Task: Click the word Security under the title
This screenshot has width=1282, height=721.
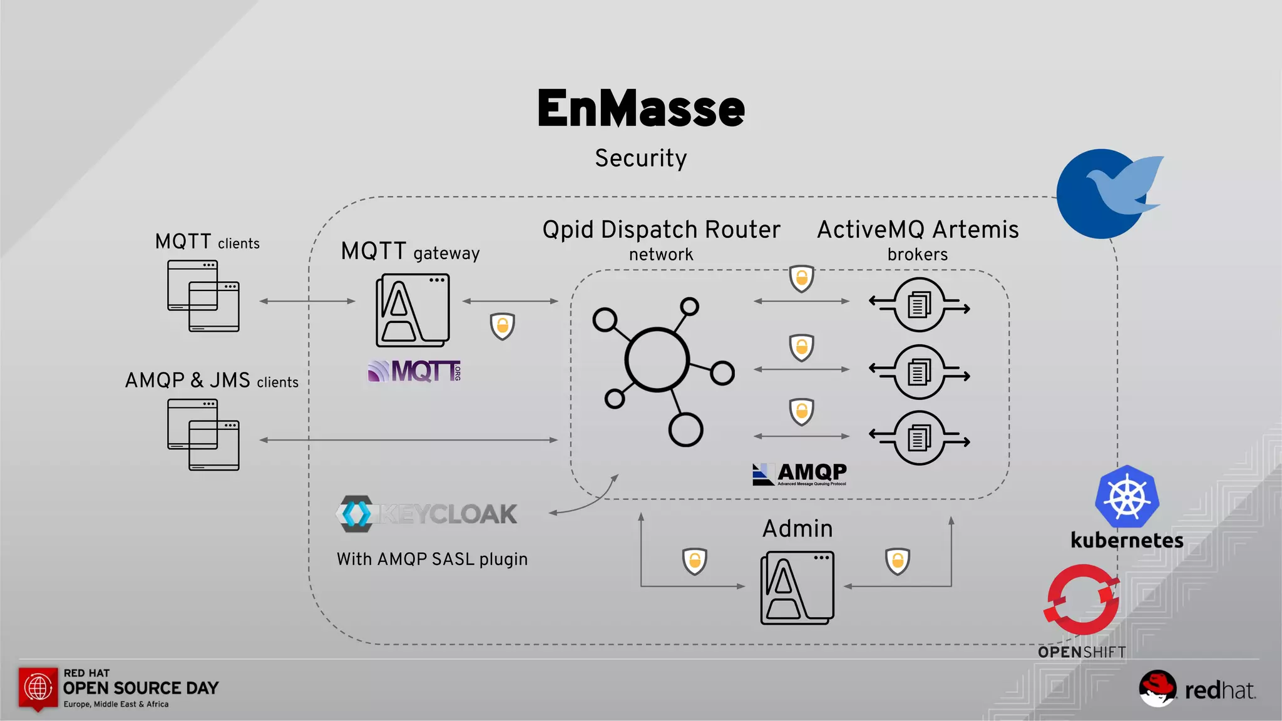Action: [x=641, y=158]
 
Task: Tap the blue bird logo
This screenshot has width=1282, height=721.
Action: [x=1105, y=193]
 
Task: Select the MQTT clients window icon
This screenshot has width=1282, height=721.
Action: [x=203, y=295]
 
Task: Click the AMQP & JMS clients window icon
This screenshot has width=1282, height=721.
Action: [x=203, y=434]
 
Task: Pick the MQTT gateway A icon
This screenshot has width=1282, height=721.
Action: [x=413, y=310]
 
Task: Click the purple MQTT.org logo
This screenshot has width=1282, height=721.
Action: [x=414, y=371]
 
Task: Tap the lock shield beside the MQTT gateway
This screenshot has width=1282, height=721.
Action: [x=502, y=326]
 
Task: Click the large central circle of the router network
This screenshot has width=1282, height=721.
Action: [x=657, y=360]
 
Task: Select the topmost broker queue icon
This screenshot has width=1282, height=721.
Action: [x=919, y=305]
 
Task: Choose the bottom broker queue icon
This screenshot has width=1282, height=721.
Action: [x=919, y=438]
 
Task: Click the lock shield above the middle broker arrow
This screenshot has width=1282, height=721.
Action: [x=801, y=347]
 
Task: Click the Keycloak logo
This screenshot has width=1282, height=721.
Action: [x=426, y=514]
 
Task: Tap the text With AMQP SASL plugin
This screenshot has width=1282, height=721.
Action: [x=432, y=559]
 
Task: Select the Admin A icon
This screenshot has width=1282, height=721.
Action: [x=797, y=588]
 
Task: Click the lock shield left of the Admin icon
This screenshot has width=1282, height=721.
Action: [x=694, y=561]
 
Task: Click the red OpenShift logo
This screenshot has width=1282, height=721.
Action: [x=1082, y=600]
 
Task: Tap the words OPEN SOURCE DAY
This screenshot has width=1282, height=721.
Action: [x=141, y=688]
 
